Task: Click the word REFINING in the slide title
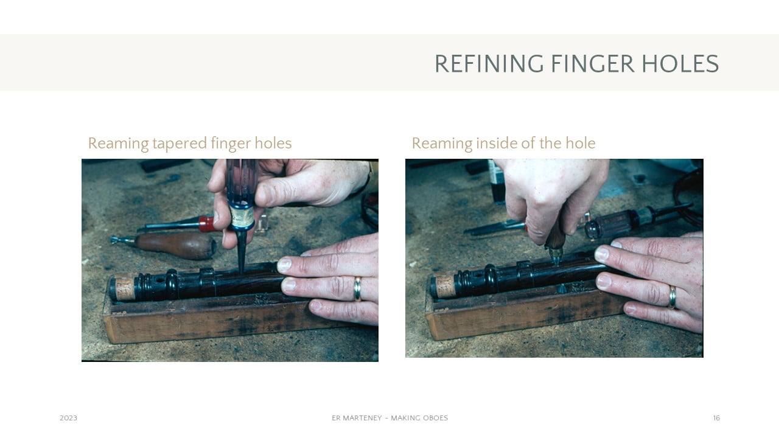489,64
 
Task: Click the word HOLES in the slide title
680,64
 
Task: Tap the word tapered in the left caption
180,144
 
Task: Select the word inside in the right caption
492,143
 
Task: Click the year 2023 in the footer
69,418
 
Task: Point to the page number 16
716,418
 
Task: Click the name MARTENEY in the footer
362,418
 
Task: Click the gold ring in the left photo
357,288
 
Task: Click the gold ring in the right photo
672,297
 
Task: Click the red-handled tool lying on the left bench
177,224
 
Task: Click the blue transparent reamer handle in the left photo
242,195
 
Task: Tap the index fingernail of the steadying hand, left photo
284,265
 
